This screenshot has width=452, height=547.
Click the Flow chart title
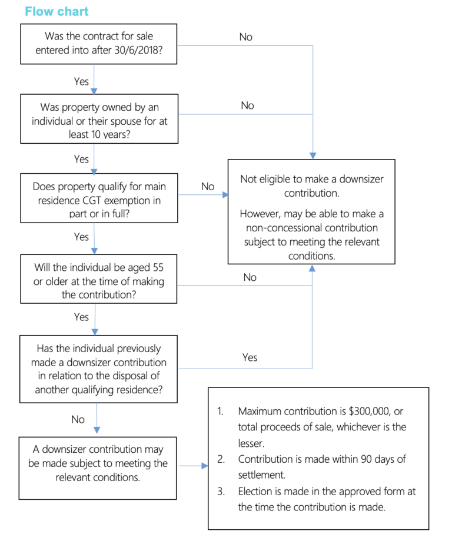point(56,12)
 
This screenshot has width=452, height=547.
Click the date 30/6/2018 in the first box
point(138,50)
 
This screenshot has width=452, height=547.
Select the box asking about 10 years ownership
point(99,118)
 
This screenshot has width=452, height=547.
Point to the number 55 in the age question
point(158,267)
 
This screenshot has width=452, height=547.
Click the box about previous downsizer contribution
point(98,369)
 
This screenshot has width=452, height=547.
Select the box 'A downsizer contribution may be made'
point(98,468)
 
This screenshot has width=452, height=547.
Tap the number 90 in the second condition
point(366,459)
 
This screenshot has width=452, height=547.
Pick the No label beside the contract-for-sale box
point(246,37)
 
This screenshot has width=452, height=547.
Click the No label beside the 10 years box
point(247,105)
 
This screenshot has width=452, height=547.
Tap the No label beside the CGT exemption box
point(208,186)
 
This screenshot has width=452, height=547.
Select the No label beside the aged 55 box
point(250,277)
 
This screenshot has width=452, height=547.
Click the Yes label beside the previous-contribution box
point(250,357)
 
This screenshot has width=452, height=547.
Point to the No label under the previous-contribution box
point(78,419)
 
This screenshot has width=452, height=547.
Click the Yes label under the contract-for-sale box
point(81,81)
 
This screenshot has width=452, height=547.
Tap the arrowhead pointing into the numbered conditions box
point(205,466)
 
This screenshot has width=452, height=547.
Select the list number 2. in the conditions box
point(221,459)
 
